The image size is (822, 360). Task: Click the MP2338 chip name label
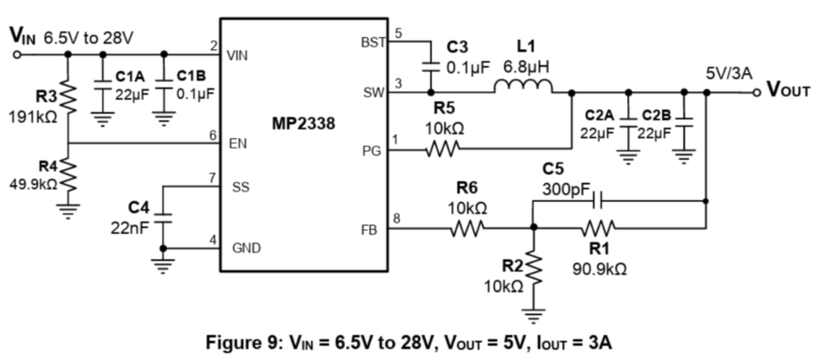point(303,123)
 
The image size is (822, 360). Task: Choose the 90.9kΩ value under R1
point(599,269)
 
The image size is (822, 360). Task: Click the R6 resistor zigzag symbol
point(467,228)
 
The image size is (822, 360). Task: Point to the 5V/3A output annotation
point(728,73)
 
